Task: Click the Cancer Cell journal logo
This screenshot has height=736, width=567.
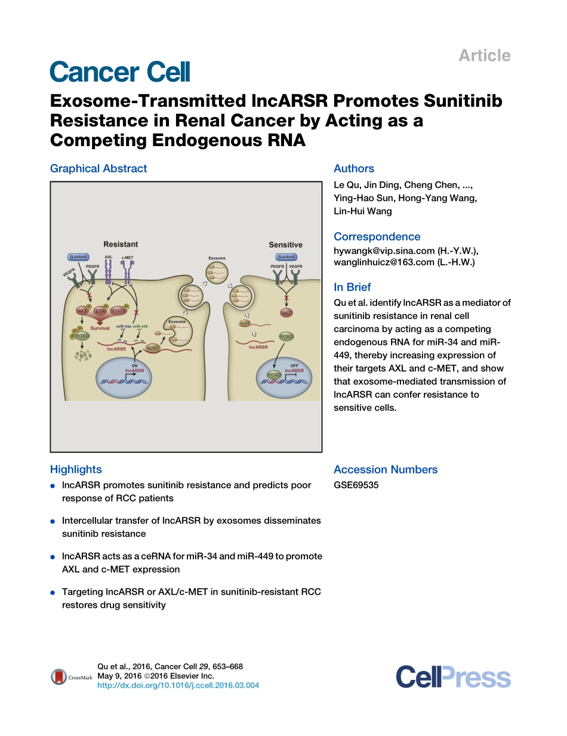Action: [x=120, y=72]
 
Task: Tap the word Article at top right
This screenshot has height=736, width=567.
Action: [x=484, y=55]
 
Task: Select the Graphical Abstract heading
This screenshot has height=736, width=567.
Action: [x=98, y=168]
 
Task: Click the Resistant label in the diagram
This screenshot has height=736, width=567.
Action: [x=121, y=244]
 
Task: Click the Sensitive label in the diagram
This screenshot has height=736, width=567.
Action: [x=285, y=245]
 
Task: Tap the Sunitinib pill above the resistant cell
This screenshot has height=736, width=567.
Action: [x=78, y=256]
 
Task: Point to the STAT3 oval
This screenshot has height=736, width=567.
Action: [x=119, y=310]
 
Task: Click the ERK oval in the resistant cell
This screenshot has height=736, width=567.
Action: [x=101, y=311]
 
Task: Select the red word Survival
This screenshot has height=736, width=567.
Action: [x=100, y=328]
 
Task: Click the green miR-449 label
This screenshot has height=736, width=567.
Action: [x=140, y=326]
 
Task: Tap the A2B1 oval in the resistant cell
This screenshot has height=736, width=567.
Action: [x=152, y=347]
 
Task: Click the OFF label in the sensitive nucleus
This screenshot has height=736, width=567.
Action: [x=294, y=365]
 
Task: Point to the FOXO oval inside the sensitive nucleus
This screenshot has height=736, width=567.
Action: [x=274, y=375]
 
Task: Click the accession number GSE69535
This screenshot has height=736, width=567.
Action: [x=356, y=485]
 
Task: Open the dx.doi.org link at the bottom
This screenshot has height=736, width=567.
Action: [x=178, y=685]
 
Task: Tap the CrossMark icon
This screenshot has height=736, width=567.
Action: [x=59, y=676]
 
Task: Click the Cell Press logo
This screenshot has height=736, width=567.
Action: [x=453, y=678]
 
